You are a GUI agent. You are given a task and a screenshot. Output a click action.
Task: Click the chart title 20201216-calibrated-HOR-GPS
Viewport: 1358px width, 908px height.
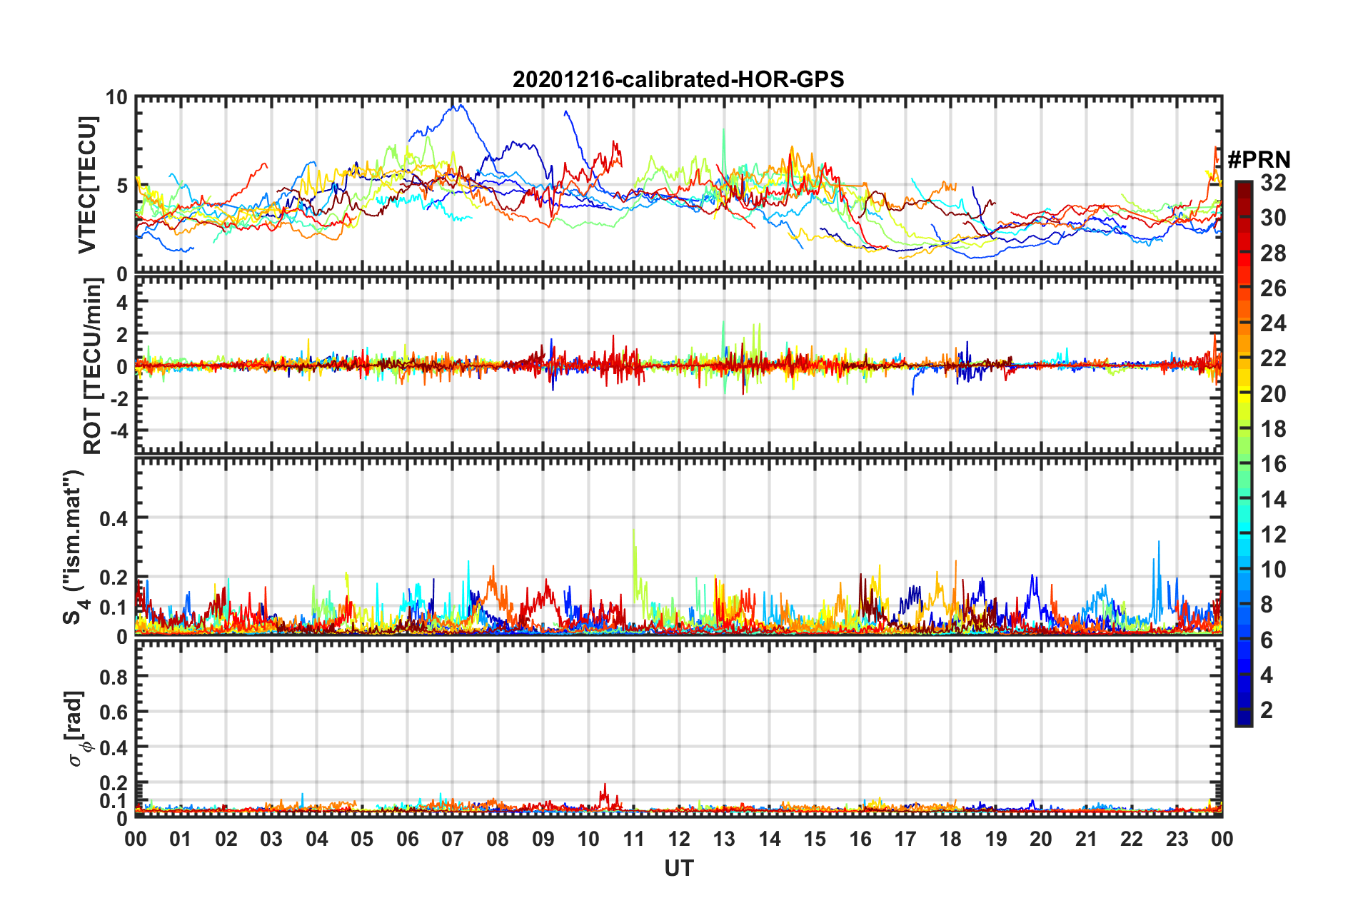678,79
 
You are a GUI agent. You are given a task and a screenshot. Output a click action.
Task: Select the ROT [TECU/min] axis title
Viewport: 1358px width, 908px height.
93,366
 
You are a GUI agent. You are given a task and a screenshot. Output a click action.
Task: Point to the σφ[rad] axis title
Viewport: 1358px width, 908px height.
76,728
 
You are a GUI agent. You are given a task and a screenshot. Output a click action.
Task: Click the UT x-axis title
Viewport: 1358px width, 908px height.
678,868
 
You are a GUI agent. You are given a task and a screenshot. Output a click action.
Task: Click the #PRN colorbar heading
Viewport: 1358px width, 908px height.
1259,159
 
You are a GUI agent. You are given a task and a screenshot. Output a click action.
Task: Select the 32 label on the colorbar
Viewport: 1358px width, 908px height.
1273,183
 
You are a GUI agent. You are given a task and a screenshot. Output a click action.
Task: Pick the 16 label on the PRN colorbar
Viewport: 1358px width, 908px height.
1273,464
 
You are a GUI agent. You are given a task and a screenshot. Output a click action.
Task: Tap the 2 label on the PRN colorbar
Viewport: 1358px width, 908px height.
1267,710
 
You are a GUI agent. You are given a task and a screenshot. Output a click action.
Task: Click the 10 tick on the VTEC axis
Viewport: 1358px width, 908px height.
116,98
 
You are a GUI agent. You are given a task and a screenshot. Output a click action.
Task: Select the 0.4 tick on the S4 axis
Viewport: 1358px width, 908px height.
113,518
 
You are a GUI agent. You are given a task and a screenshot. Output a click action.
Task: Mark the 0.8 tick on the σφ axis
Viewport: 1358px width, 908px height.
113,677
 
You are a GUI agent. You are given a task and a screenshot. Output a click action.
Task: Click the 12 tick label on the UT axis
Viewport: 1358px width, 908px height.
678,839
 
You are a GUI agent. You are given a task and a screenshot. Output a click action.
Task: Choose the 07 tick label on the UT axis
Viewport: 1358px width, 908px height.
452,839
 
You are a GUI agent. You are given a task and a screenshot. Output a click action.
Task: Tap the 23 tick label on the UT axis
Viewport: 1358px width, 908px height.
1177,839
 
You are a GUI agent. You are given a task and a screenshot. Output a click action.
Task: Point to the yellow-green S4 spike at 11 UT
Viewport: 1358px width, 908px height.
633,532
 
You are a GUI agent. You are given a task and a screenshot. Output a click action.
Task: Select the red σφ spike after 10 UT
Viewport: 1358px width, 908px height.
605,786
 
